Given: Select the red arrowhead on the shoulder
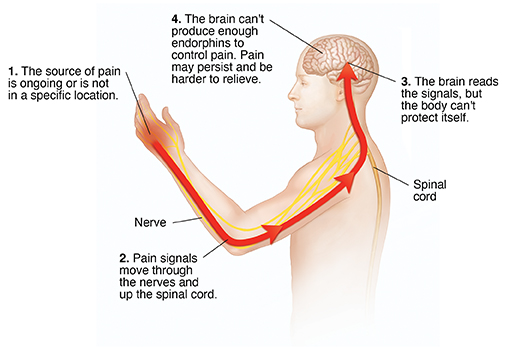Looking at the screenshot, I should pos(346,181).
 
